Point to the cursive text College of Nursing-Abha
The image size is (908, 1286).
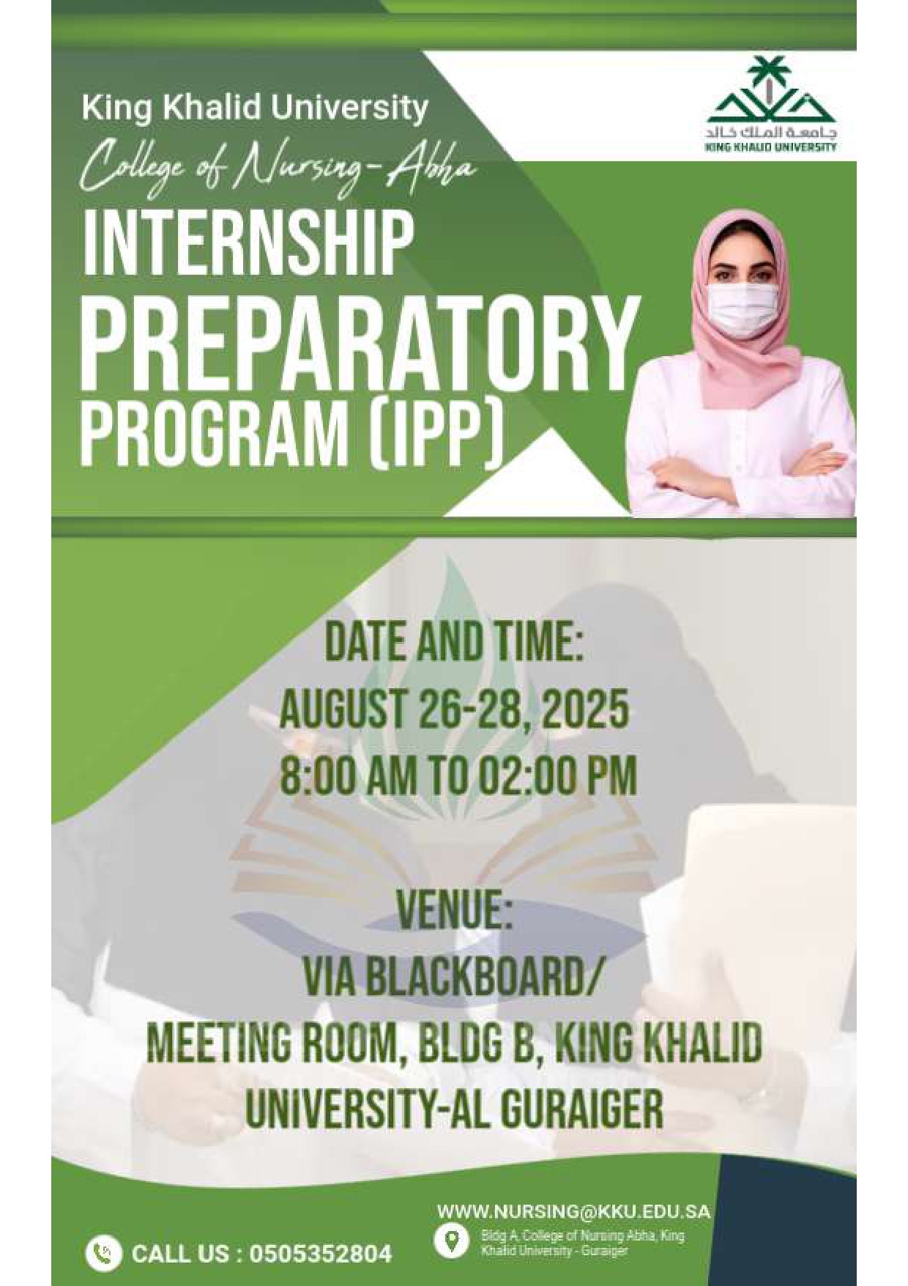click(x=278, y=165)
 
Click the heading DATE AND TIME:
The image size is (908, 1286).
click(x=453, y=643)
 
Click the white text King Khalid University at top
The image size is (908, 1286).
click(x=255, y=108)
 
